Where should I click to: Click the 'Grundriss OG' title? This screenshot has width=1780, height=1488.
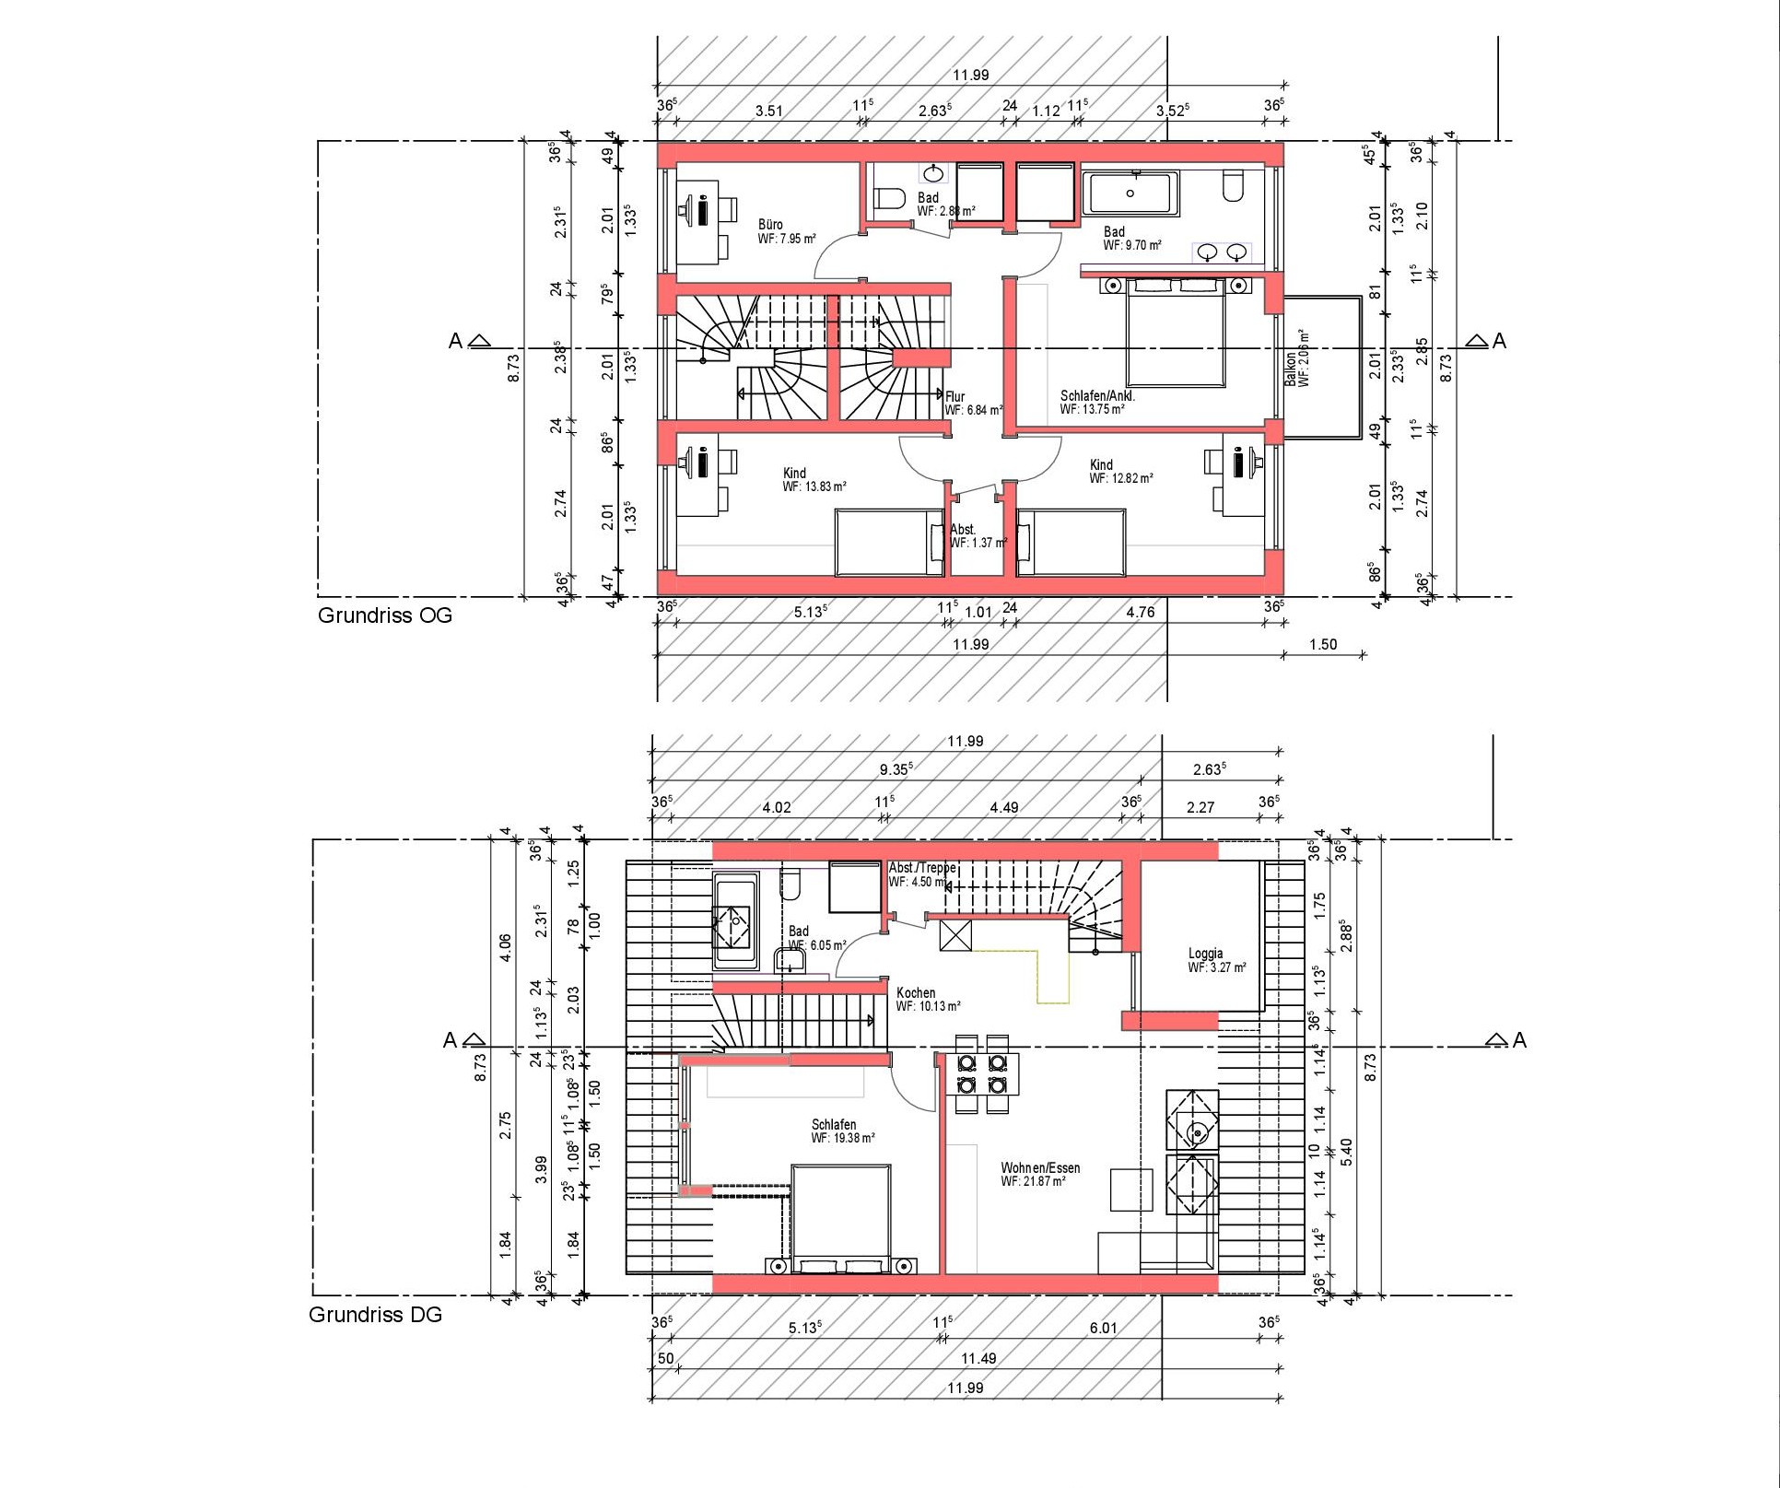coord(385,615)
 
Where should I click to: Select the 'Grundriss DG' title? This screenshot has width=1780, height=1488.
coord(375,1315)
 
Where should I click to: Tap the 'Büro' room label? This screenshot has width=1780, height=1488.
coord(770,225)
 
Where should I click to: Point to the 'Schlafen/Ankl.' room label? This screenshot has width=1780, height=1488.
coord(1097,396)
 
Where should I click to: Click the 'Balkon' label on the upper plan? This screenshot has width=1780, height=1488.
coord(1291,369)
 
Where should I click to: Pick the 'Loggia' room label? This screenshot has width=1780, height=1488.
coord(1205,954)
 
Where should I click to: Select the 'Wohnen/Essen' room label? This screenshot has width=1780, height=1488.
coord(1040,1167)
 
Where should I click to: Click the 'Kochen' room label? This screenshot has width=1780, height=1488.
coord(916,993)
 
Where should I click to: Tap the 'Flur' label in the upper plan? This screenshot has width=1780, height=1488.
coord(954,397)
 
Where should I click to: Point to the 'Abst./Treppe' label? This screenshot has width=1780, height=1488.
coord(922,868)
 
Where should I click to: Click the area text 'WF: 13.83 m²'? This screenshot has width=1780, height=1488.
coord(814,486)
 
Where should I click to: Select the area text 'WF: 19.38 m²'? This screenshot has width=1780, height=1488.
coord(843,1138)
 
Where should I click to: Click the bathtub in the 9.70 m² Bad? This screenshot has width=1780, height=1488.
coord(1130,194)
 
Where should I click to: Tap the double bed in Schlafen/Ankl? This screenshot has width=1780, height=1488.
coord(1176,332)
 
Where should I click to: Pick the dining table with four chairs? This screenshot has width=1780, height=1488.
coord(981,1074)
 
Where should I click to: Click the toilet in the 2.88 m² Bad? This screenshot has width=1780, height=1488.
coord(889,199)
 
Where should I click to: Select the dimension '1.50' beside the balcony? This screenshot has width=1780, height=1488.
coord(1323,644)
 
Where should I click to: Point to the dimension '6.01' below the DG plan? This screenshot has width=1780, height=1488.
coord(1103,1328)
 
